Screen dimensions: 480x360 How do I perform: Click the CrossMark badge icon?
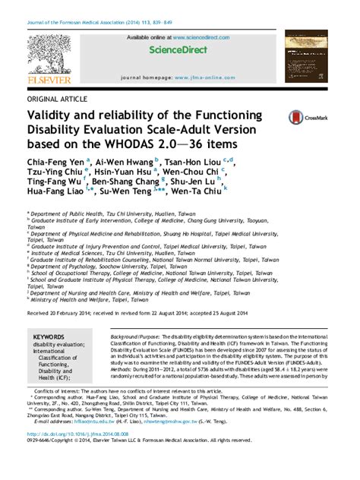click(305, 117)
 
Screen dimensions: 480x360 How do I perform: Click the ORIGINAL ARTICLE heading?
click(57, 99)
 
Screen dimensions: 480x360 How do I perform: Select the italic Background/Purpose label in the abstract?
click(136, 335)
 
